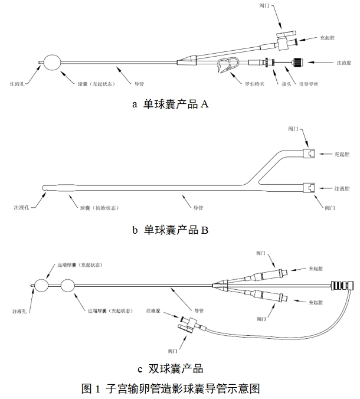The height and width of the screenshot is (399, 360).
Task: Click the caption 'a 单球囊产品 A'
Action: (170, 104)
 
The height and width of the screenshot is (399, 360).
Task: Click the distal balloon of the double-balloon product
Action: (41, 286)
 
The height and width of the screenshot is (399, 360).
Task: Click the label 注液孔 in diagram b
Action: (21, 208)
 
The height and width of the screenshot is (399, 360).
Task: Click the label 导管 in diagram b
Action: (199, 208)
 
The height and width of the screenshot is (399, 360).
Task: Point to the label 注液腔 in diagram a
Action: (343, 61)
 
